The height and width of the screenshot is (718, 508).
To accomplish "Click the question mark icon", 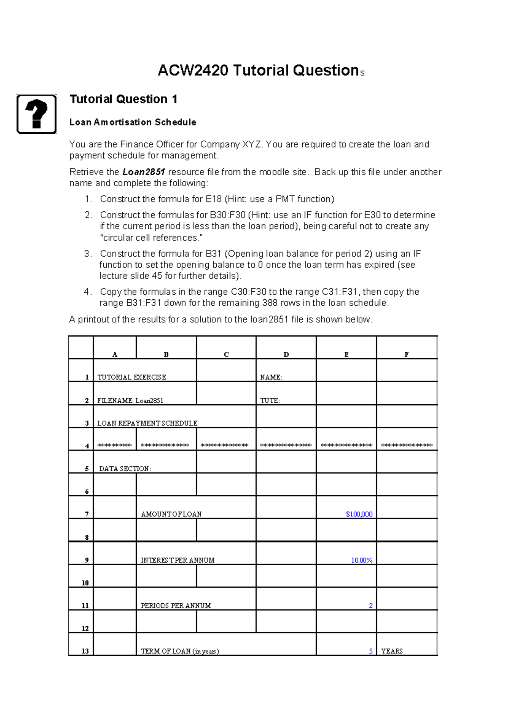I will coord(36,114).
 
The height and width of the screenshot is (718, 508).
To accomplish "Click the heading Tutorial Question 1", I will coord(123,99).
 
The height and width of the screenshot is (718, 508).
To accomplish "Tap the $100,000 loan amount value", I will coord(359,514).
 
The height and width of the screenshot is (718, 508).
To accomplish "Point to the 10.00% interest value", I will coord(362,560).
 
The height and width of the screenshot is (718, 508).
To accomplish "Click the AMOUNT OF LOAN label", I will coord(171,514).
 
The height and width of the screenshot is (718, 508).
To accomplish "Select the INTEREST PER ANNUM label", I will coord(177,560).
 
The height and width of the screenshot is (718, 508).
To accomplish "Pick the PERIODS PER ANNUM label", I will coord(176,606).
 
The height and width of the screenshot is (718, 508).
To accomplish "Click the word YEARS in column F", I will coord(392,651).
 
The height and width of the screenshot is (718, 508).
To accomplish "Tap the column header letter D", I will coord(286,354).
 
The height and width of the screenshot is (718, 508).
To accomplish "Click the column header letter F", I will coord(406,354).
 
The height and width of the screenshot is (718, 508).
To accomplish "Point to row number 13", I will coord(85,651).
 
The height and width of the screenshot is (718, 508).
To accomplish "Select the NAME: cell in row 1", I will coord(271,377).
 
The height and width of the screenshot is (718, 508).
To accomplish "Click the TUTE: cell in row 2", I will coord(270,400).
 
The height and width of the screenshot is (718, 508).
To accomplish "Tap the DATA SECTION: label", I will coord(125,469).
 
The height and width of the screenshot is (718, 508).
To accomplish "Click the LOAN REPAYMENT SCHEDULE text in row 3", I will coord(147,423).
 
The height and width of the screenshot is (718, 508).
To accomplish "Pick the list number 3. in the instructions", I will coord(88,254).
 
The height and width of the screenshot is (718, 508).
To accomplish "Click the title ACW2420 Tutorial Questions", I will coord(260,71).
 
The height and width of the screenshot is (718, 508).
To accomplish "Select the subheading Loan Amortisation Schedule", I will coord(133,122).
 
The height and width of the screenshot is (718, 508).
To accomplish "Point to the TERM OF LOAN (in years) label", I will coord(179,651).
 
